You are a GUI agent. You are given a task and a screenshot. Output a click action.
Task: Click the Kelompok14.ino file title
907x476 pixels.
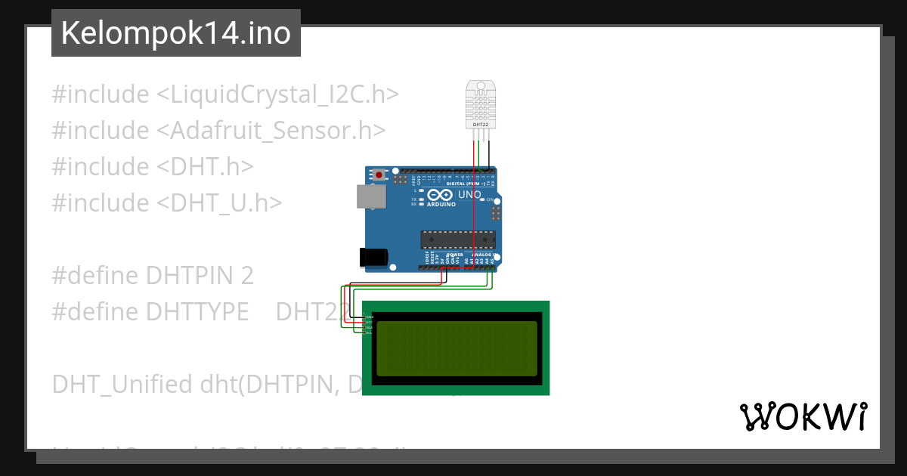tap(175, 33)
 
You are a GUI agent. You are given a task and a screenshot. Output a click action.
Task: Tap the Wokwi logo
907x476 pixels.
tap(803, 416)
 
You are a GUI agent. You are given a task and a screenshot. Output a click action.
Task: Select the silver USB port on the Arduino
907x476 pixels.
tap(372, 196)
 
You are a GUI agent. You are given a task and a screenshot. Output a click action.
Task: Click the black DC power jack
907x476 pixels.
tap(375, 257)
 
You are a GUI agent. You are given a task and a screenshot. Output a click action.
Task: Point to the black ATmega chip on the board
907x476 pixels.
tap(458, 239)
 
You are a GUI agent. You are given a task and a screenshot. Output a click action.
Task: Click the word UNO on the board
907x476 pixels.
tap(469, 195)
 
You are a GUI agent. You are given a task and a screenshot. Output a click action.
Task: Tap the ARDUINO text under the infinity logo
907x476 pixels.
tap(442, 205)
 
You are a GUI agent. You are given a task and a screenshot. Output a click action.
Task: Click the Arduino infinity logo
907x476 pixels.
tap(441, 195)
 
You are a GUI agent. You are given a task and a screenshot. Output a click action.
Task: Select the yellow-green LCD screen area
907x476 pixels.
tap(457, 348)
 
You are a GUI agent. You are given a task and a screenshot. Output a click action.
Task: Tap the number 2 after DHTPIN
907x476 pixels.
tap(247, 276)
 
